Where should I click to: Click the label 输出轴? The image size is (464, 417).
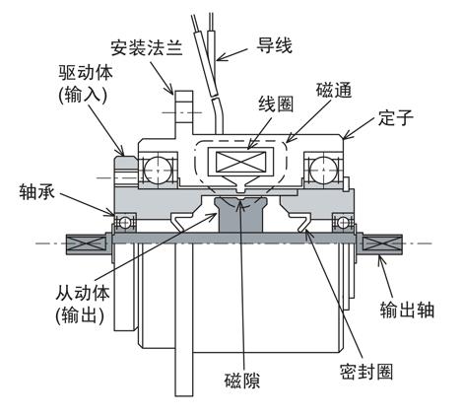click(x=408, y=310)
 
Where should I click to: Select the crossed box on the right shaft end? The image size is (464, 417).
click(x=382, y=243)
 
